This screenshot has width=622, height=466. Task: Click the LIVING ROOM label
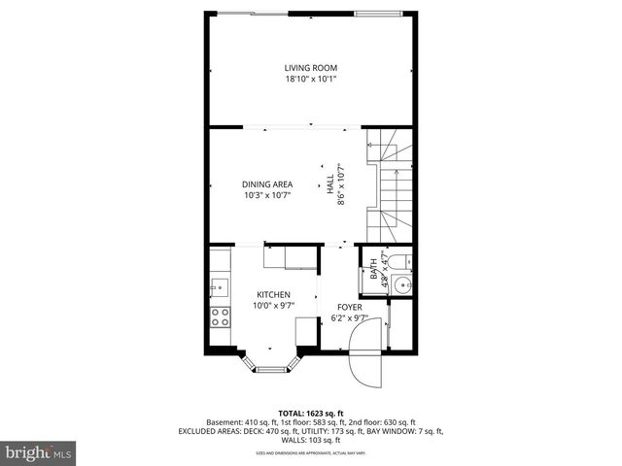point(310,68)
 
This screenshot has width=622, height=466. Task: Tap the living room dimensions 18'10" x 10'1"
point(310,79)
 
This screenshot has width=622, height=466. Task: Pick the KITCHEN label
point(273,294)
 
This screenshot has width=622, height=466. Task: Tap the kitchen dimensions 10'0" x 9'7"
point(273,306)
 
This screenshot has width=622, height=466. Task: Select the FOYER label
point(350,306)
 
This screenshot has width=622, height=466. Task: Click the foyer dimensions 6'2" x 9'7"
point(350,316)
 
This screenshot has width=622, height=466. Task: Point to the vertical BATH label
point(374,275)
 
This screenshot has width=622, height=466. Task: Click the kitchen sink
point(219,286)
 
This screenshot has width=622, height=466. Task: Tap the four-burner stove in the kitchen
point(221,316)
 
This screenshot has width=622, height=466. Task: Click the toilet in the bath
point(400,259)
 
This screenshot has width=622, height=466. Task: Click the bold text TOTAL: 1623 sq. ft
point(310,412)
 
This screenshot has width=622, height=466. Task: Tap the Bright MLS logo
point(39,452)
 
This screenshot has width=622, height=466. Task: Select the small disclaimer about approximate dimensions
point(310,452)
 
